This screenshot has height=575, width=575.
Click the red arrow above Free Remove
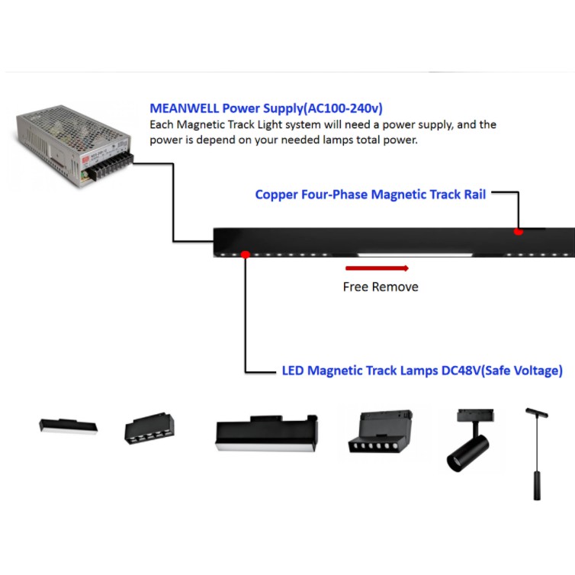click(x=377, y=268)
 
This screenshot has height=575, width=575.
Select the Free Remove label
click(x=380, y=287)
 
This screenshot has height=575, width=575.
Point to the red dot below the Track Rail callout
click(x=519, y=231)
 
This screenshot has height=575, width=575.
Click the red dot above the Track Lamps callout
click(x=245, y=254)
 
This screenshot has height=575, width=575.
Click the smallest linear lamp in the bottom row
click(x=69, y=426)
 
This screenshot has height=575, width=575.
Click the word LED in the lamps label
click(x=294, y=371)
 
